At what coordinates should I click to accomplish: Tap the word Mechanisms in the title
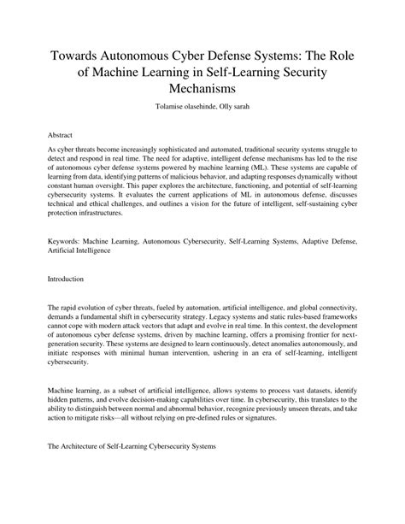tap(202, 87)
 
